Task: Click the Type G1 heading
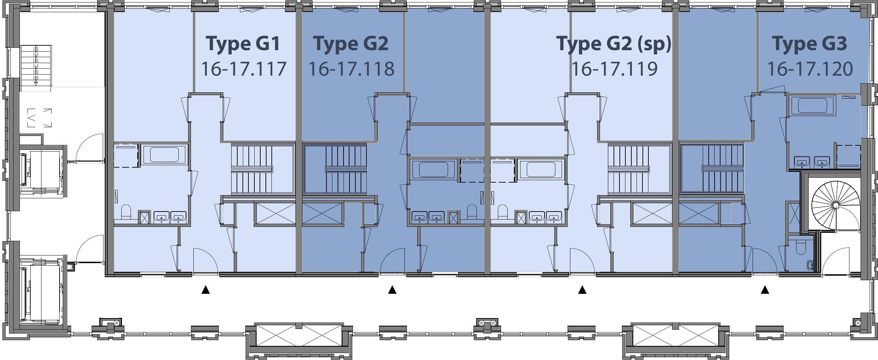click(243, 44)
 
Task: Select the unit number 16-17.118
click(351, 69)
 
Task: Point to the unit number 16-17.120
click(810, 69)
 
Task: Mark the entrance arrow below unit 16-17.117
click(206, 290)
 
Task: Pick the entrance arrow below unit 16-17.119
click(582, 290)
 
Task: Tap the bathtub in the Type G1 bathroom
click(164, 154)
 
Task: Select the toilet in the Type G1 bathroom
click(126, 212)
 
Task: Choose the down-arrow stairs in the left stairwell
click(36, 65)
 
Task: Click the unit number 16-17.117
click(244, 69)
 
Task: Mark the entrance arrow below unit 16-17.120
click(765, 290)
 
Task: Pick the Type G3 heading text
click(809, 44)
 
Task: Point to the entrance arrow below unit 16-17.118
click(392, 290)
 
